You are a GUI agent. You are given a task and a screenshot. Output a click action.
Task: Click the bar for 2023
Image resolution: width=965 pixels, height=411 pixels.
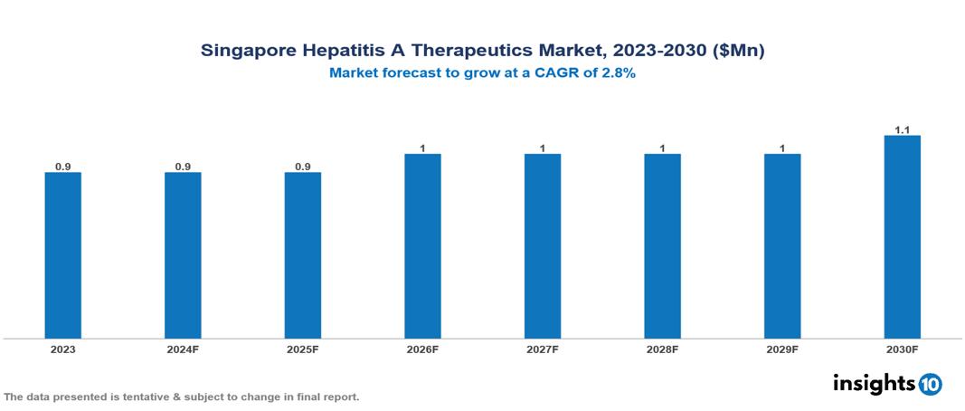62,255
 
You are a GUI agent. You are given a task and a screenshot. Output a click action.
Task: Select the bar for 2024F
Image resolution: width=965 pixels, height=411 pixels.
183,255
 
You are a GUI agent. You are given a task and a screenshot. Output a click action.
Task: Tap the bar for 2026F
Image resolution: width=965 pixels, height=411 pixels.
422,246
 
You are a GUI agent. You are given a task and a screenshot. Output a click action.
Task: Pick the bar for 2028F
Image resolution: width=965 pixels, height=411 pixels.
662,246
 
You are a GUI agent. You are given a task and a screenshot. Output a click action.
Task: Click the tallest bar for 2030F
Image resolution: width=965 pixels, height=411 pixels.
902,237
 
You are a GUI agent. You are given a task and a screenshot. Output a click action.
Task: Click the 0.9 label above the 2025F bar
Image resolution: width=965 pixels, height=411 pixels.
303,167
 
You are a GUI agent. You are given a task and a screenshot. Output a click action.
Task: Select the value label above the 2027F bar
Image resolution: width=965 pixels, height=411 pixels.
543,148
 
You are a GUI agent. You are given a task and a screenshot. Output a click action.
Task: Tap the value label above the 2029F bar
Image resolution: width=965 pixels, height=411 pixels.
782,148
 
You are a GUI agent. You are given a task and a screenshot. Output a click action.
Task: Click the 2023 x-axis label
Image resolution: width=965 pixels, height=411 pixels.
62,349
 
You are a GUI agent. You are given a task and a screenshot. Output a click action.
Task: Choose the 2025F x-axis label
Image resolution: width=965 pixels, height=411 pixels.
303,349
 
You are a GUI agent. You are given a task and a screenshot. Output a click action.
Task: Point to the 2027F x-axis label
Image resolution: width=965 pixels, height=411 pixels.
543,349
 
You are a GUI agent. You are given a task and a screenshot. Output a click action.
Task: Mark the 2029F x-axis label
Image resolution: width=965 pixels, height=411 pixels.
782,349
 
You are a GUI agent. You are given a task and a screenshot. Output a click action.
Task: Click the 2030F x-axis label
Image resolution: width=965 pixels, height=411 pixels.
902,349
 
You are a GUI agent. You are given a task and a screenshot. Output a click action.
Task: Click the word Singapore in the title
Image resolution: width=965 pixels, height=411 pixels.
247,52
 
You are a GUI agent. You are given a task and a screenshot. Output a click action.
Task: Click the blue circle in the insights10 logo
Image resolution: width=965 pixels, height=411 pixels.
930,384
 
